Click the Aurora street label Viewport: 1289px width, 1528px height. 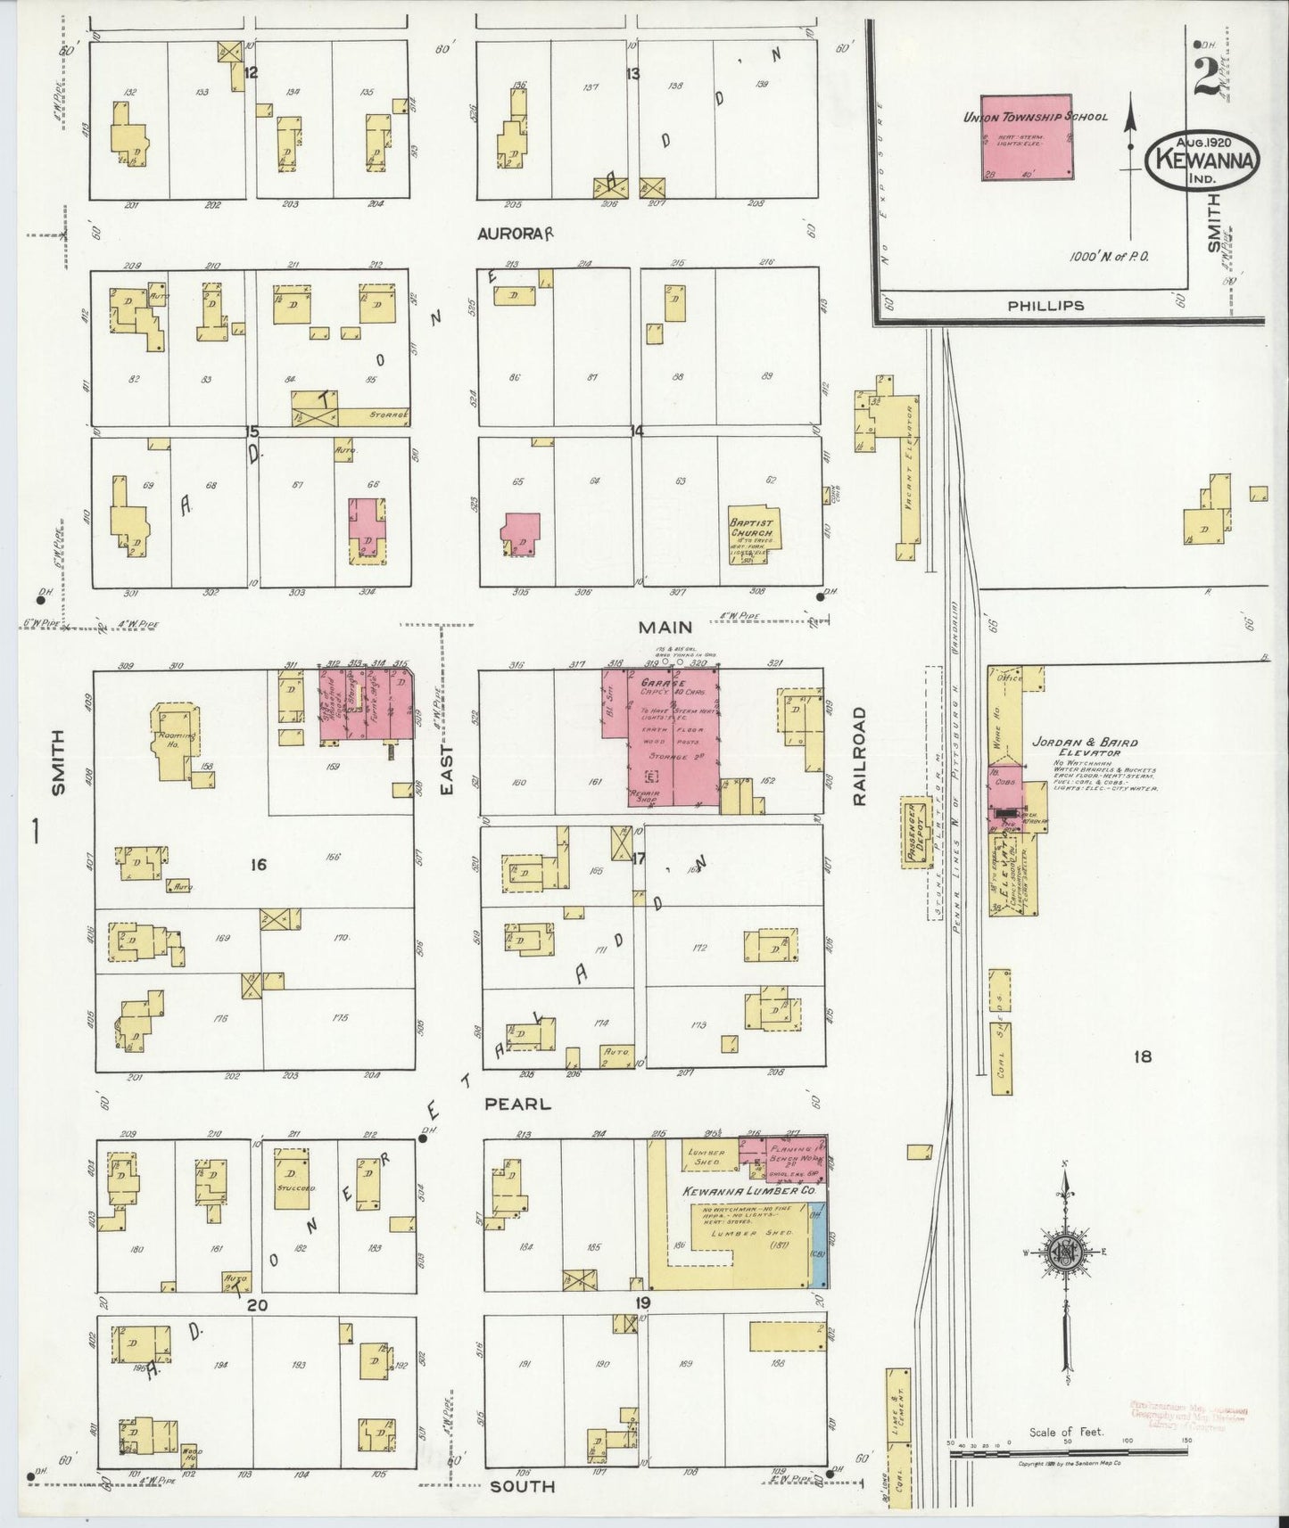(516, 233)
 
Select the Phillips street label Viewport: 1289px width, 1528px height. (1045, 305)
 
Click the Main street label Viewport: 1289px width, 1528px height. (665, 628)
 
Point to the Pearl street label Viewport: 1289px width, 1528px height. (517, 1104)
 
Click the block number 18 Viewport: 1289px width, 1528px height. (1142, 1057)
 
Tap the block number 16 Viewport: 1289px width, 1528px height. (259, 864)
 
